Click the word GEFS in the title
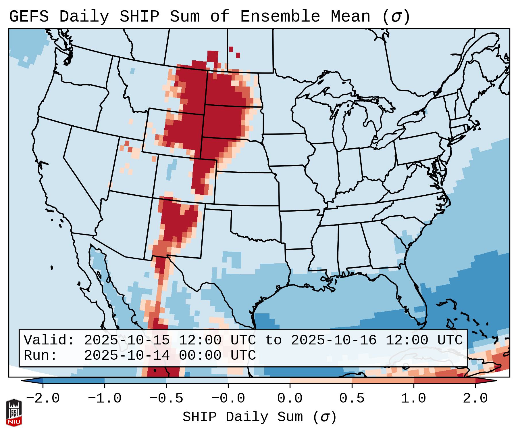29,17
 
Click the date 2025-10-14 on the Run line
127,355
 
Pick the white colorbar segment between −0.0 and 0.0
259,381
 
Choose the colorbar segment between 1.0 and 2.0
444,381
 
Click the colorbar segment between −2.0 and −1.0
74,381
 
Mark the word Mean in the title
350,17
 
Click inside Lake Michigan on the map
341,127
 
